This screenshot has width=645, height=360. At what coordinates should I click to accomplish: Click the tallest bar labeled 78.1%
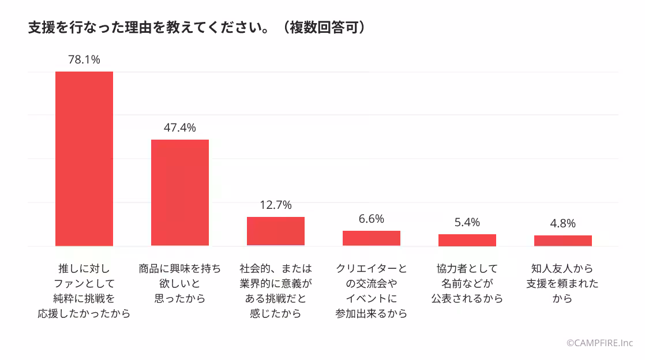click(x=84, y=159)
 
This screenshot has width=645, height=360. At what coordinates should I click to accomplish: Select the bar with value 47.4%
click(x=180, y=193)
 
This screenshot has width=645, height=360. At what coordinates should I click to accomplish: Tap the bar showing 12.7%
click(x=276, y=231)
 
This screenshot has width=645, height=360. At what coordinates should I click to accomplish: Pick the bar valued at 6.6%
click(x=372, y=238)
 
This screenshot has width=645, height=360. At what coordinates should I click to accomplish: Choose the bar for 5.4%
click(x=467, y=240)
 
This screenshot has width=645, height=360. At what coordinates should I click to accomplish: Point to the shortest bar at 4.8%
click(x=563, y=241)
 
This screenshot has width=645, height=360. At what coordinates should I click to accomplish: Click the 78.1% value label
click(x=84, y=59)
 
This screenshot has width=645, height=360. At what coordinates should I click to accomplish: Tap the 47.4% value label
click(x=180, y=127)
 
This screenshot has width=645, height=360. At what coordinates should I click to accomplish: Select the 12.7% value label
click(x=276, y=205)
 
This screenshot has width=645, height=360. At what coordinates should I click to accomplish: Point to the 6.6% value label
click(x=372, y=219)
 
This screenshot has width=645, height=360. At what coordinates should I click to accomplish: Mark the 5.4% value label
click(x=467, y=222)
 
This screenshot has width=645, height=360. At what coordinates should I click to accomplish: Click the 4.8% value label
click(x=563, y=223)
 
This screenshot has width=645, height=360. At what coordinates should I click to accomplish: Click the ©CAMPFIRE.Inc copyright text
click(x=600, y=343)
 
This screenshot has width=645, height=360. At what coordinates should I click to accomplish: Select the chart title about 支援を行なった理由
click(x=148, y=28)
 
